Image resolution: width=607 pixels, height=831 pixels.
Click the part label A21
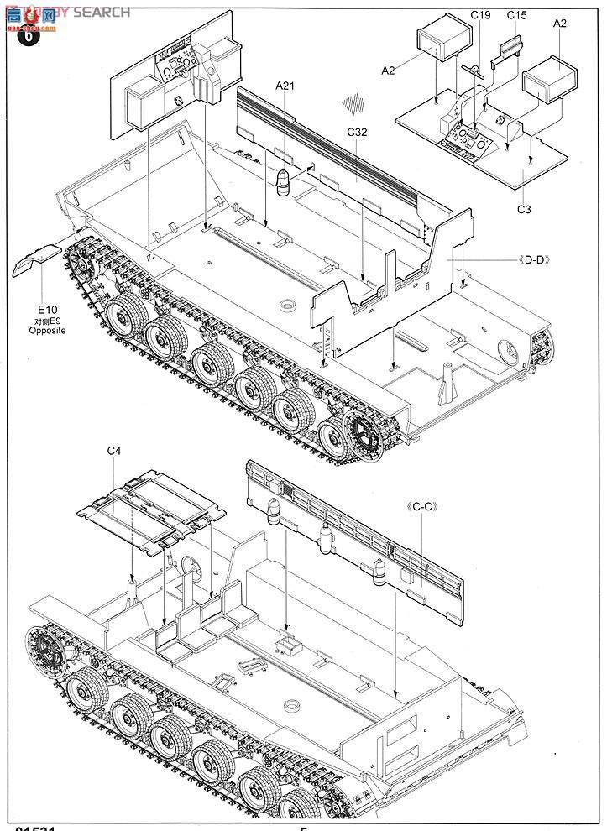coord(287,85)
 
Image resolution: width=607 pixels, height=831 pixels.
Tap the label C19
coord(480,15)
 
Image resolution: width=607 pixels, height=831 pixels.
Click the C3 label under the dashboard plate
coord(524,210)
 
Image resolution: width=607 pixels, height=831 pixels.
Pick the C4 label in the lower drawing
coord(114,452)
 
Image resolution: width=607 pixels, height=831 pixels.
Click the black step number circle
coord(28,38)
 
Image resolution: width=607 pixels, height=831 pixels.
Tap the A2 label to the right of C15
coord(560,24)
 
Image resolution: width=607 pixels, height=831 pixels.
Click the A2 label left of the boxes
coord(388,71)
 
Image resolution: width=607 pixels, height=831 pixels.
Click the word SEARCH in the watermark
coord(102,12)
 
